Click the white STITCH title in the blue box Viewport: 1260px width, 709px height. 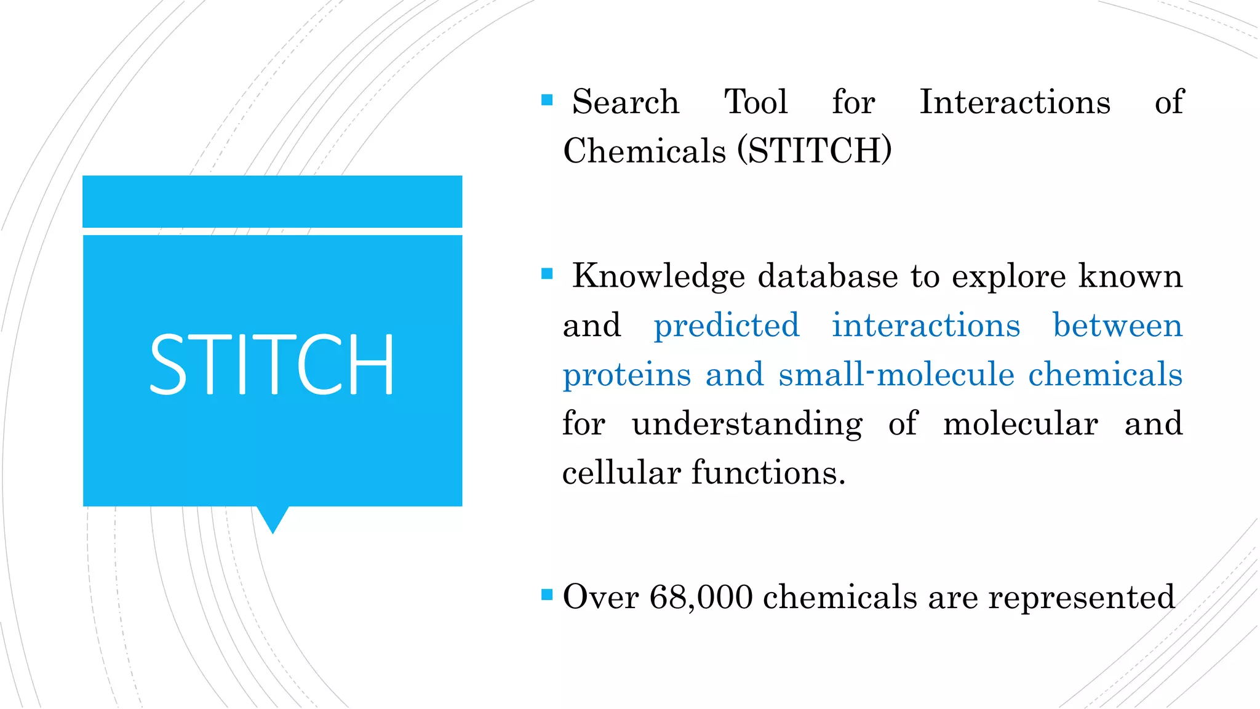pos(271,364)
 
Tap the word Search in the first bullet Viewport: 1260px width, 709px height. pos(625,102)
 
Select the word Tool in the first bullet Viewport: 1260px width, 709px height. pos(756,102)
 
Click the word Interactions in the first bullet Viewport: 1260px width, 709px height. pos(1015,102)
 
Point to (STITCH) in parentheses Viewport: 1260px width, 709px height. pos(815,151)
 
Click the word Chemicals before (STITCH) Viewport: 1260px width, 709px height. pos(644,151)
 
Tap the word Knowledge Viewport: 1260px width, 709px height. pos(658,276)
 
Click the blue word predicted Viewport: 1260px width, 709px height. pos(726,326)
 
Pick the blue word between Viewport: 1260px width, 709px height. pos(1117,326)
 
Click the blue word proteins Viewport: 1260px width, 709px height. pos(627,375)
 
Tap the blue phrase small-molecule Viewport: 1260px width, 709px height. pos(896,375)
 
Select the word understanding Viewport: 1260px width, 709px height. pos(747,424)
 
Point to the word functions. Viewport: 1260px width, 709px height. pos(768,473)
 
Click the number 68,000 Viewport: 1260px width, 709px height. pos(701,597)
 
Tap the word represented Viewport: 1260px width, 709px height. pos(1081,597)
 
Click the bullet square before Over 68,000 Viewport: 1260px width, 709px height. pos(547,595)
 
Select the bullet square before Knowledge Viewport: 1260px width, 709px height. pos(547,274)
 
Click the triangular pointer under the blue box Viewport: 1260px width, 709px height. pos(273,518)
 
